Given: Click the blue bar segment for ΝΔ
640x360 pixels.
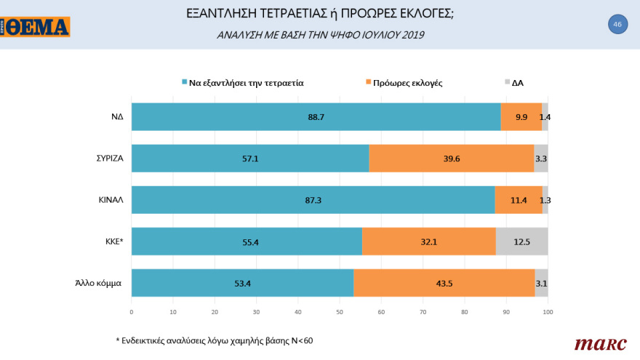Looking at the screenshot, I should coord(316,116).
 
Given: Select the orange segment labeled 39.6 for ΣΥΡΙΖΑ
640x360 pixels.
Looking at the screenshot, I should coord(451,158).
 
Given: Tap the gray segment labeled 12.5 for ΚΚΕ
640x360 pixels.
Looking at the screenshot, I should coord(521,241).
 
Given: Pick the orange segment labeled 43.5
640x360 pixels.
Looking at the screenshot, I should coord(444,283).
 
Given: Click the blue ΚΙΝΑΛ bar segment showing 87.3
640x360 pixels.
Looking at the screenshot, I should coord(313,199).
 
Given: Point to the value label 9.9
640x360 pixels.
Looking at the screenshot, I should coord(521,116).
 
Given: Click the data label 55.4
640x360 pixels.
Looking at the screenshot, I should coord(246,241).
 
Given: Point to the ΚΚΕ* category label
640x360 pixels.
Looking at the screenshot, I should coord(111,241).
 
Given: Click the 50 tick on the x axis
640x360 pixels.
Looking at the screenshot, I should coord(340,312).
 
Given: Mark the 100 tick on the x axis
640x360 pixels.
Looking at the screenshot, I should coord(548,312).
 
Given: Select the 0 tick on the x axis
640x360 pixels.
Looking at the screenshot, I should coord(131,312).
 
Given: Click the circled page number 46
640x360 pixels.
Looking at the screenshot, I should coord(617,24).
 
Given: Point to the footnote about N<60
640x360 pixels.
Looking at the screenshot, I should coord(214,340).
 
